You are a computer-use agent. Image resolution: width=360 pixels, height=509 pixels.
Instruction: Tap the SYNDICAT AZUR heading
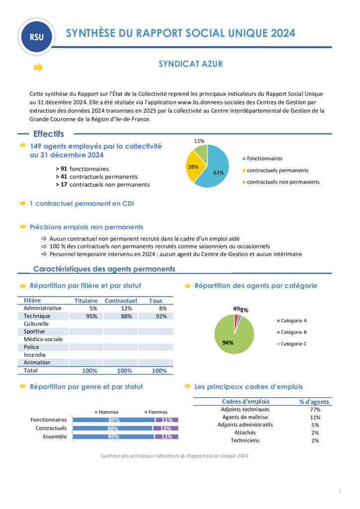tap(190, 64)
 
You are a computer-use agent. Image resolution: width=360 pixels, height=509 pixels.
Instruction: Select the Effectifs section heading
tap(48, 134)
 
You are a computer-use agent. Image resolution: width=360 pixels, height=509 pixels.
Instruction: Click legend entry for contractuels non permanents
tap(283, 182)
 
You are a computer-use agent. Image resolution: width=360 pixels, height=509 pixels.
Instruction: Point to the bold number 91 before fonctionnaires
tap(64, 169)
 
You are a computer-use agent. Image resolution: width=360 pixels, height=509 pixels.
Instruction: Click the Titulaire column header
tap(86, 301)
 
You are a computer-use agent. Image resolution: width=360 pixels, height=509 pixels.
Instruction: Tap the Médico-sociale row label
tap(43, 339)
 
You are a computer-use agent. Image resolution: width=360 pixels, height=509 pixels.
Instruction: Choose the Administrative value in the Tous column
tap(159, 309)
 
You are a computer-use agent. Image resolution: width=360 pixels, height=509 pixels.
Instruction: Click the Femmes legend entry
tap(156, 412)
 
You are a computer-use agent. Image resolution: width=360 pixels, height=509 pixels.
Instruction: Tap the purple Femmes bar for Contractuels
tap(165, 428)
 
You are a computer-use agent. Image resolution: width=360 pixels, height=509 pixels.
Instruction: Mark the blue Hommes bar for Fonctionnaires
tap(114, 420)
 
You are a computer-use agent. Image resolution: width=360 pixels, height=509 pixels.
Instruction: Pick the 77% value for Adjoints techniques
tap(315, 410)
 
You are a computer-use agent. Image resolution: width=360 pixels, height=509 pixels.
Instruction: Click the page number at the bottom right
tap(339, 492)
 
